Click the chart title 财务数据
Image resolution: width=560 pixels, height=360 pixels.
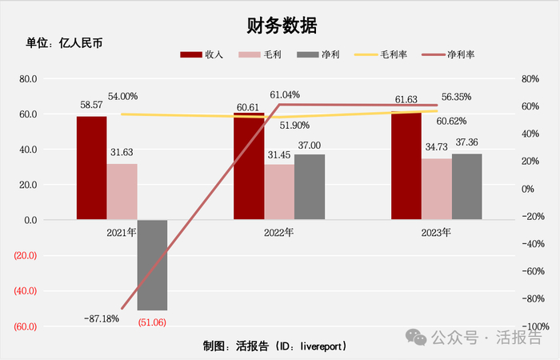[280, 25]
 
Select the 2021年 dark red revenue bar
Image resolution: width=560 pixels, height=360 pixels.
[91, 167]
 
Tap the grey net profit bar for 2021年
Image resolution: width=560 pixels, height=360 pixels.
[152, 264]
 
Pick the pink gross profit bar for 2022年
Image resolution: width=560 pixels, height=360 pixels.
[279, 191]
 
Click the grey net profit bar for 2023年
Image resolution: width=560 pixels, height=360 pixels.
[467, 186]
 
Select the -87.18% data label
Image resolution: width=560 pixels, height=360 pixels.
[101, 318]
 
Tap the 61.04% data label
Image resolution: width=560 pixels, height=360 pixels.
[285, 94]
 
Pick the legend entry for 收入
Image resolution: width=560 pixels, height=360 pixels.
[202, 55]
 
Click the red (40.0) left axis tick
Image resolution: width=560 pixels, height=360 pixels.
[26, 290]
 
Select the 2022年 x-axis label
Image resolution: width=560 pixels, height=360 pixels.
[279, 233]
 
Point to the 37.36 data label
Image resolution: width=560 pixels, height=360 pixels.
[467, 142]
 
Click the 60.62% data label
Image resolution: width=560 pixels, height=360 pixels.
[452, 121]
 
